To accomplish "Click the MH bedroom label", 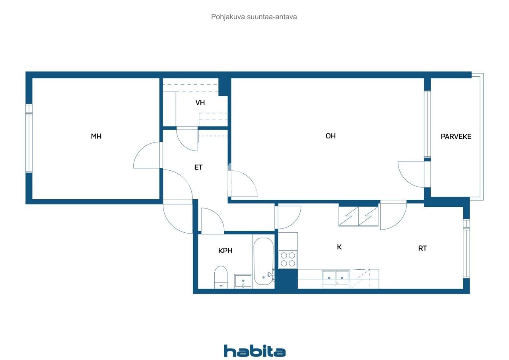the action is click(x=96, y=136).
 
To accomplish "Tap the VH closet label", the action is click(x=200, y=103).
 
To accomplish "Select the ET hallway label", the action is click(x=198, y=167).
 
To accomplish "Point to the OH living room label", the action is click(x=330, y=136).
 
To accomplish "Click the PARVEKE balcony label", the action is click(x=456, y=136).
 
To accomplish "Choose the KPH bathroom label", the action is click(x=225, y=251).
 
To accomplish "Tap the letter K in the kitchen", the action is click(x=339, y=247).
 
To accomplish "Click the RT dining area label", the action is click(x=422, y=248).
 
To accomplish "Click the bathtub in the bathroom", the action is click(x=264, y=261).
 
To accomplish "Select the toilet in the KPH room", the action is click(x=221, y=277).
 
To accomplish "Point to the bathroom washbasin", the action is click(x=243, y=281).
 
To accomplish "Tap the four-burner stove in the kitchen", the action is click(x=288, y=259).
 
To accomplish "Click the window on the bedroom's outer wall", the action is click(x=29, y=138).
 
